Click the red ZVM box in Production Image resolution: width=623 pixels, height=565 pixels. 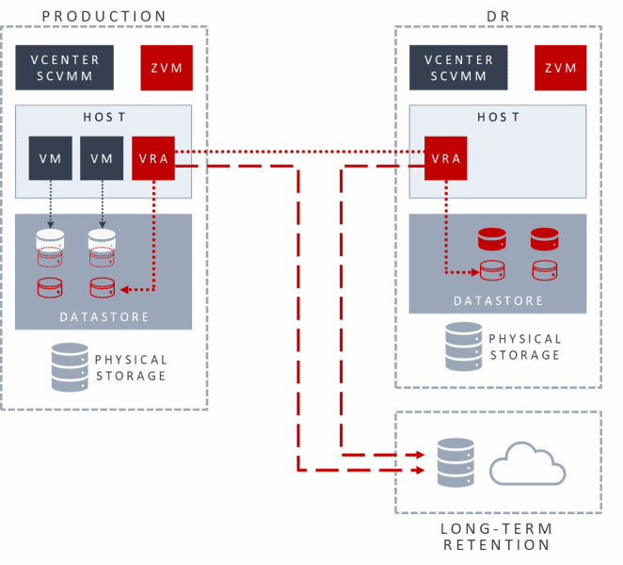click(167, 68)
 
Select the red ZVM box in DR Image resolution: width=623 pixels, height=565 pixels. click(560, 68)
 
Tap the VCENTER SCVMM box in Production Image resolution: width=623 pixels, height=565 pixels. click(64, 68)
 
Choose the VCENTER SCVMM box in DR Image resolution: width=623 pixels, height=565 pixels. click(458, 68)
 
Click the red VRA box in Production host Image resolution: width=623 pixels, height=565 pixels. click(153, 158)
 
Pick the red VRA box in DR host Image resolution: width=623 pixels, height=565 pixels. click(445, 158)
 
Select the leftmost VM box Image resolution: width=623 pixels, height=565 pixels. click(50, 158)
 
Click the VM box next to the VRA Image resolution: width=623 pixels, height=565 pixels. click(102, 158)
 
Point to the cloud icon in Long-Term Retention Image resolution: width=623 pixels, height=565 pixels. click(527, 464)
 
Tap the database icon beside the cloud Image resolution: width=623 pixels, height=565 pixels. click(456, 464)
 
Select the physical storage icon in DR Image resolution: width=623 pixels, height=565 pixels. click(464, 346)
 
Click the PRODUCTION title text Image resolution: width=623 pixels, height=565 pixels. click(104, 16)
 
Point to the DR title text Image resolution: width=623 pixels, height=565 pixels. click(498, 16)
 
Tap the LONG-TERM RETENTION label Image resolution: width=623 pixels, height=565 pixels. click(497, 537)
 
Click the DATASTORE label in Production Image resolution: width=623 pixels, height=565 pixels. click(104, 317)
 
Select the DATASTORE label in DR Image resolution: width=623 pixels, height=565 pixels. click(498, 301)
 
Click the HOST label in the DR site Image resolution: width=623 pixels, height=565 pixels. click(498, 118)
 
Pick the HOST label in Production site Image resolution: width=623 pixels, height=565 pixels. click(104, 118)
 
